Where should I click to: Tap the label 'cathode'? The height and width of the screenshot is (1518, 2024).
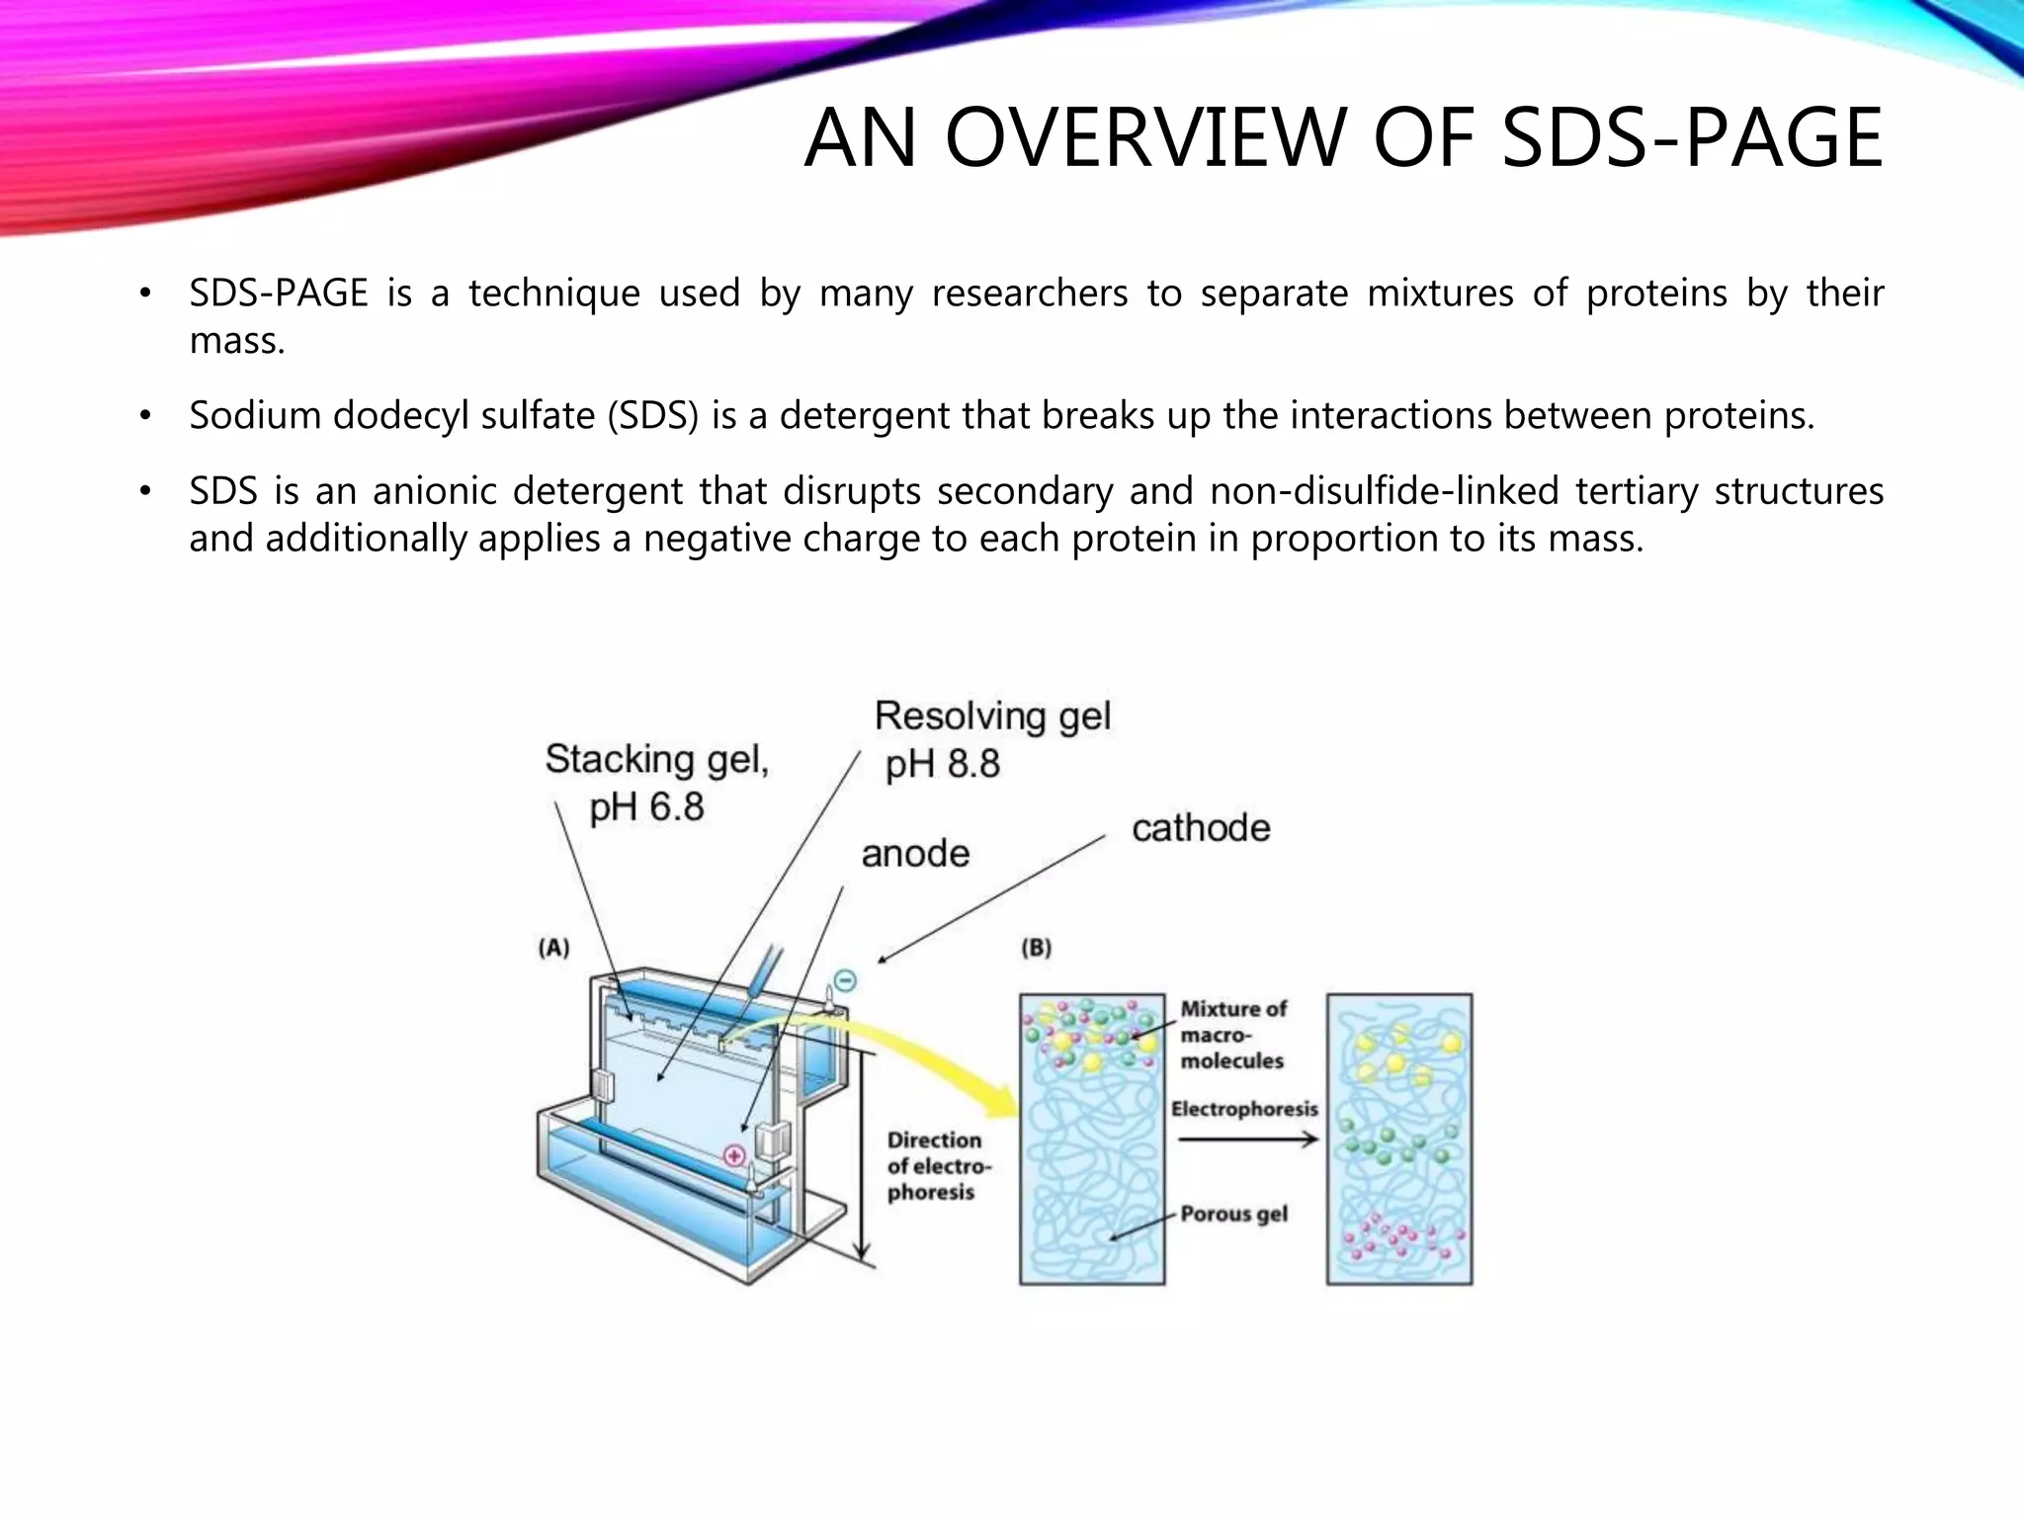[1201, 828]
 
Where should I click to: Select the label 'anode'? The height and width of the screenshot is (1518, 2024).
[915, 854]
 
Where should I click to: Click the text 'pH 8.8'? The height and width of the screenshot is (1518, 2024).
[942, 764]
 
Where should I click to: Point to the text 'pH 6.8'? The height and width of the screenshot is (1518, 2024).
[646, 807]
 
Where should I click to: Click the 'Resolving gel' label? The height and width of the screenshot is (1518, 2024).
[992, 716]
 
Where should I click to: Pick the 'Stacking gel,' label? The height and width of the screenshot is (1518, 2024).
[657, 759]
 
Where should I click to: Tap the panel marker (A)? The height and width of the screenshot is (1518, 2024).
[554, 948]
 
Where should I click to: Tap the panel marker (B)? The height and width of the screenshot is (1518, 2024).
[1036, 948]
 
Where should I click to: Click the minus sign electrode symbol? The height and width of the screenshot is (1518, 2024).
[845, 980]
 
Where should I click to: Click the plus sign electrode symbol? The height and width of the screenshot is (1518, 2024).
[734, 1154]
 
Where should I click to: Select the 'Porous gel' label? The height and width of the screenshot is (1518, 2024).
[1233, 1214]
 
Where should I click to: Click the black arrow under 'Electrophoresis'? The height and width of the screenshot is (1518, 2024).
[1247, 1139]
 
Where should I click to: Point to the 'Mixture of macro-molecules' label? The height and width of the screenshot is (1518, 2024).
[1232, 1035]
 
